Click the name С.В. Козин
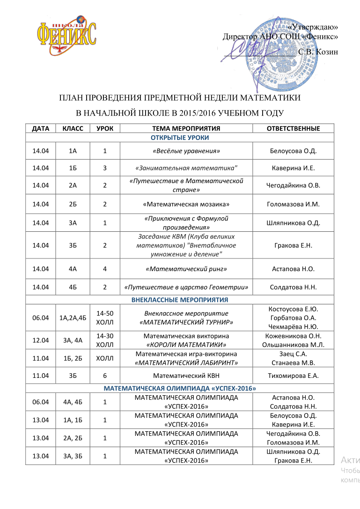click(318, 52)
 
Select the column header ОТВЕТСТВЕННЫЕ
click(293, 128)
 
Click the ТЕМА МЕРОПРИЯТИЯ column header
click(186, 128)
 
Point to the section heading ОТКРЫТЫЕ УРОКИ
click(180, 137)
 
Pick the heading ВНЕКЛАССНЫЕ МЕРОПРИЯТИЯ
click(180, 299)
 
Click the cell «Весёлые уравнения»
click(186, 151)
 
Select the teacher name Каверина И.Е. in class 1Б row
click(293, 168)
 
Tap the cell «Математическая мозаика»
click(186, 204)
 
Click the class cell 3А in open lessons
click(73, 222)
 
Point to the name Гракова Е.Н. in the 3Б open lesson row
click(293, 245)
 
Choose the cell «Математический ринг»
click(186, 269)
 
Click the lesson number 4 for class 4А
click(105, 269)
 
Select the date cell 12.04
click(40, 340)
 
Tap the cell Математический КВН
click(186, 375)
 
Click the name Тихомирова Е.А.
click(293, 375)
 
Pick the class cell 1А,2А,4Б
click(73, 317)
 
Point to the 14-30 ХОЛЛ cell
click(105, 340)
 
